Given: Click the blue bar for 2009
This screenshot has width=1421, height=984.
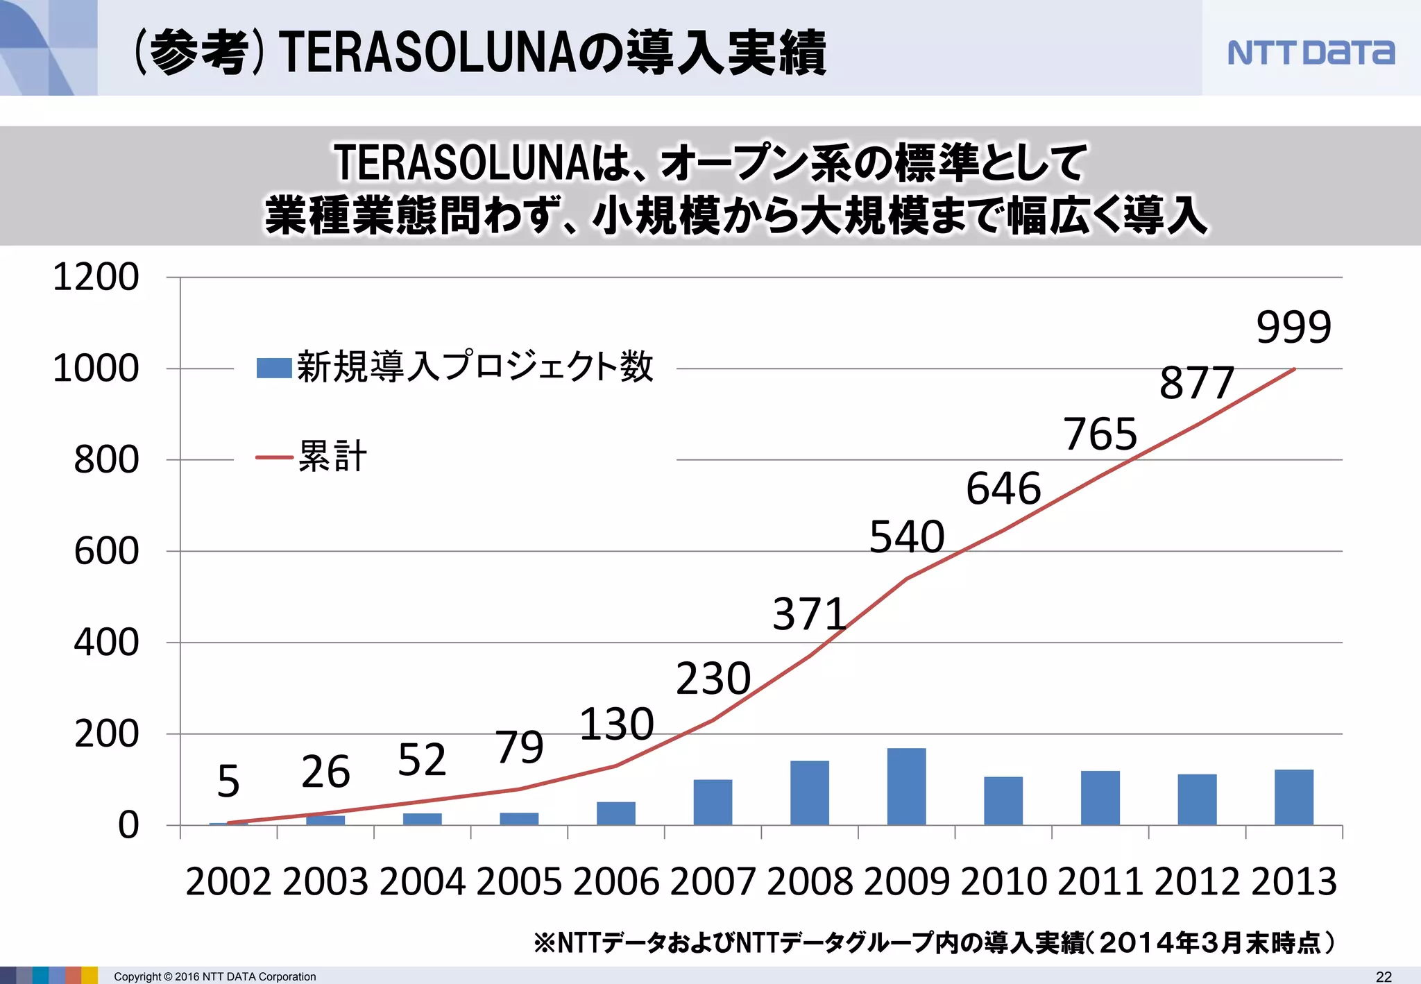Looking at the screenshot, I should click(x=906, y=786).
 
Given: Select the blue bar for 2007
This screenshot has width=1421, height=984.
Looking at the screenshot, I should click(x=713, y=802).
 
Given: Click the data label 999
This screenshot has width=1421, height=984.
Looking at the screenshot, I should click(x=1293, y=327).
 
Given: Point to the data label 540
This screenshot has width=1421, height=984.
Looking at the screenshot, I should click(x=906, y=536).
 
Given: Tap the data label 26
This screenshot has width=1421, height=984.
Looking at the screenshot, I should click(x=325, y=772).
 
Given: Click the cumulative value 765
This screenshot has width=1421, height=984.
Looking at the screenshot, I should click(x=1100, y=434).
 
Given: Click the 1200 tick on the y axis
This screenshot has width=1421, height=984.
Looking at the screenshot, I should click(x=96, y=277).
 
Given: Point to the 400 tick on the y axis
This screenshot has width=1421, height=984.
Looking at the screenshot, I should click(x=106, y=643).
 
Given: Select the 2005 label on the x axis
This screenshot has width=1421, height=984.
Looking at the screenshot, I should click(x=519, y=882).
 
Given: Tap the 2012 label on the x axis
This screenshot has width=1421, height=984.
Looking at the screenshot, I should click(x=1197, y=882).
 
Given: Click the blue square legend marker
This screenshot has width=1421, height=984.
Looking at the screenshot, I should click(x=273, y=368).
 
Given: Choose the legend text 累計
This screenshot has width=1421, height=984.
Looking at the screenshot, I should click(x=332, y=457).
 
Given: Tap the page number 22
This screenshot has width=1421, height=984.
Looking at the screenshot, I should click(x=1384, y=976).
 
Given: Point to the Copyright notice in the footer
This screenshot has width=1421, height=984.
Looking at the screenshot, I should click(x=214, y=976).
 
